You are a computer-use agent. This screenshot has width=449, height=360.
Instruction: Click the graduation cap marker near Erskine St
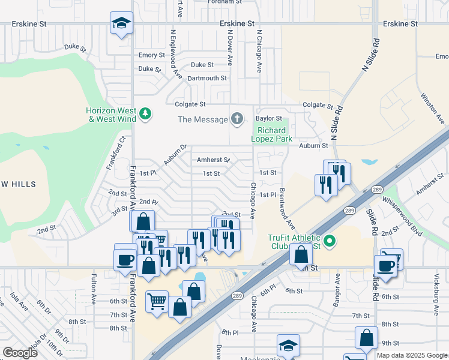pyautogui.click(x=122, y=23)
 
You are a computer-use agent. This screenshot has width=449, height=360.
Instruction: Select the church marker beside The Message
pyautogui.click(x=237, y=119)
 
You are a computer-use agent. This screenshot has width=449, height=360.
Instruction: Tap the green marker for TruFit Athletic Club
pyautogui.click(x=329, y=241)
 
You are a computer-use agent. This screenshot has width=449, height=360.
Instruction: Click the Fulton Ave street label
pyautogui.click(x=94, y=289)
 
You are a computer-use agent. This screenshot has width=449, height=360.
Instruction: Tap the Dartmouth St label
pyautogui.click(x=206, y=78)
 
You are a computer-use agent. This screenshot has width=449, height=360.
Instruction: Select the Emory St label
pyautogui.click(x=151, y=55)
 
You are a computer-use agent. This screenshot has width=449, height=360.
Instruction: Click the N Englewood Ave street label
pyautogui.click(x=175, y=55)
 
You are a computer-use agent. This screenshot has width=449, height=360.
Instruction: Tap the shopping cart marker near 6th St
pyautogui.click(x=157, y=301)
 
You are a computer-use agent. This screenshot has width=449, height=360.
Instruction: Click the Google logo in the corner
pyautogui.click(x=20, y=353)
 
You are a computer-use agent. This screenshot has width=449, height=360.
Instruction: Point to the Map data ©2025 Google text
pyautogui.click(x=412, y=355)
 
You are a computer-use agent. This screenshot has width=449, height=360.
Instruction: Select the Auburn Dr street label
pyautogui.click(x=176, y=154)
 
